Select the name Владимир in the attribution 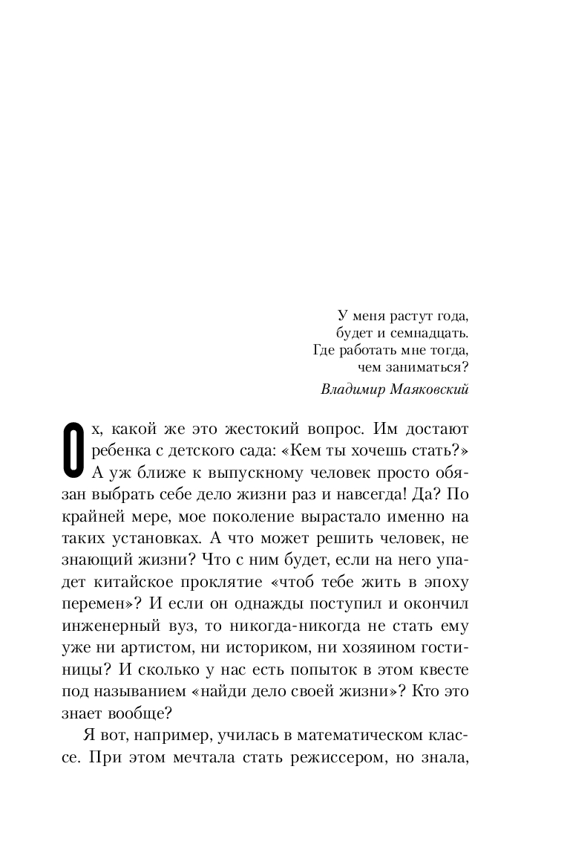tap(350, 389)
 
